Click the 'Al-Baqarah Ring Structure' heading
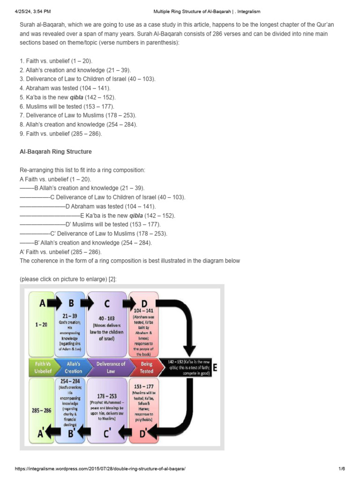pos(55,152)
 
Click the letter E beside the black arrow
pos(215,368)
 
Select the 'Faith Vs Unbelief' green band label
pos(41,367)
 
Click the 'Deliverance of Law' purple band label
pos(111,367)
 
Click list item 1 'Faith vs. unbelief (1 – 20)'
pos(56,61)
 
